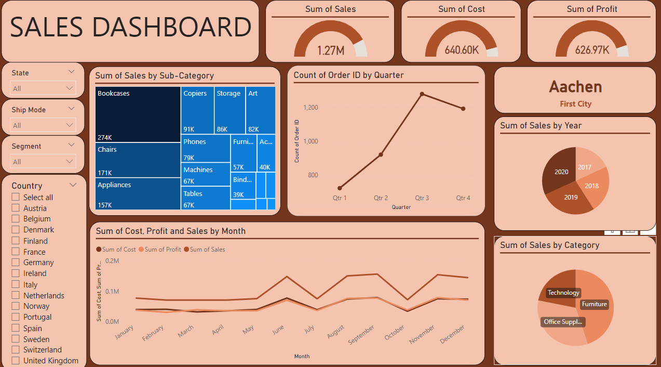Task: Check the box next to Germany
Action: click(16, 263)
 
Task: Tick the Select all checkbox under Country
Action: click(16, 198)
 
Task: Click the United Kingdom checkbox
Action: click(16, 361)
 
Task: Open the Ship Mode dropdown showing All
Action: click(43, 125)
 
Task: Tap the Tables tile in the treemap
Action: click(206, 198)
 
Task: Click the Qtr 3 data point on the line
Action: click(422, 94)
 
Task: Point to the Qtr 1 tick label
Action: click(340, 198)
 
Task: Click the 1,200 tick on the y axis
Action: click(311, 108)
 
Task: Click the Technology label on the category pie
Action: click(563, 293)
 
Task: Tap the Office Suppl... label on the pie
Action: click(563, 322)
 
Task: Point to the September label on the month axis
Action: click(362, 335)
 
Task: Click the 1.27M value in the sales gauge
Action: click(331, 50)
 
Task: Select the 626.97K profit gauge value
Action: click(592, 50)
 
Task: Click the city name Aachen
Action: click(575, 87)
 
